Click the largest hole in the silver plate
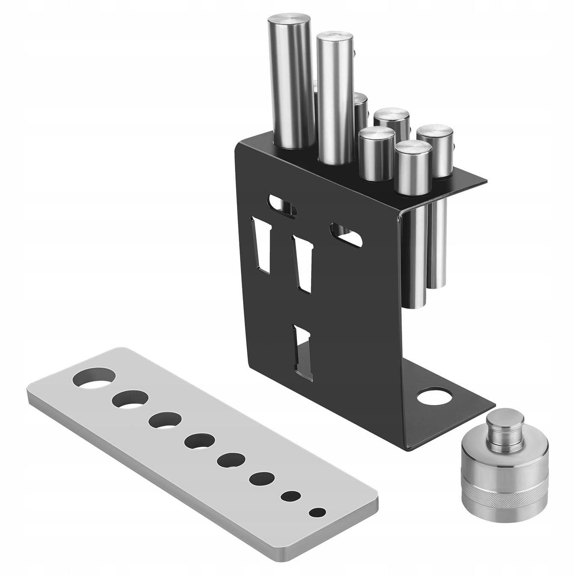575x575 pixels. click(94, 377)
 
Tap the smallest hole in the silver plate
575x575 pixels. click(317, 512)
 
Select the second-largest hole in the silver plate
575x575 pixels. click(130, 399)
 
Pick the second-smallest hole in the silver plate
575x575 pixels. click(291, 496)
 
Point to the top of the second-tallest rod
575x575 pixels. click(335, 38)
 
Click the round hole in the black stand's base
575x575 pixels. click(434, 396)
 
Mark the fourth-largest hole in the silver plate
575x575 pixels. click(200, 441)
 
